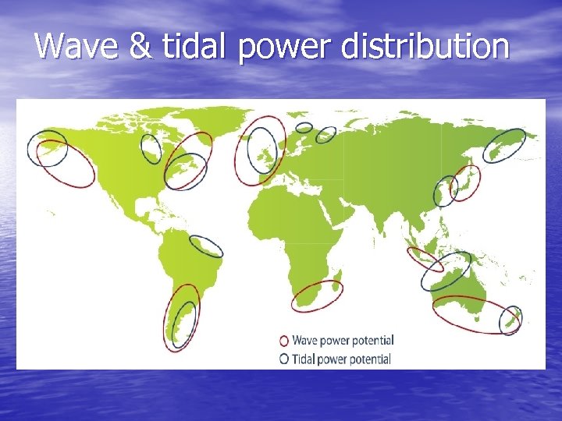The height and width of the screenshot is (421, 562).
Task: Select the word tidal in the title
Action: pyautogui.click(x=194, y=46)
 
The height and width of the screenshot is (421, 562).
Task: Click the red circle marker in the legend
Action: pyautogui.click(x=284, y=341)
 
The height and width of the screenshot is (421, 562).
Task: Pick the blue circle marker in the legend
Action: pyautogui.click(x=284, y=359)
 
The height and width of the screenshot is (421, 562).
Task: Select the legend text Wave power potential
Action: pyautogui.click(x=343, y=341)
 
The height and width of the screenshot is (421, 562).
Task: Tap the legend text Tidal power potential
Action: pyautogui.click(x=341, y=359)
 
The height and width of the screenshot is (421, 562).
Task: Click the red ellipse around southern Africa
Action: pyautogui.click(x=317, y=296)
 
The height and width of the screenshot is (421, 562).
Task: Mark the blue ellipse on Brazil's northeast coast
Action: pyautogui.click(x=207, y=246)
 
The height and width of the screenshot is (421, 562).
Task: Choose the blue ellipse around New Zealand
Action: pyautogui.click(x=510, y=320)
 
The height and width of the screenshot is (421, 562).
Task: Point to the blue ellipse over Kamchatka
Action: pyautogui.click(x=503, y=146)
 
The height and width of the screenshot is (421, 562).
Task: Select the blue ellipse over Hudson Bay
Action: pyautogui.click(x=151, y=148)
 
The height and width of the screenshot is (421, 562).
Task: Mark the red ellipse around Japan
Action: pyautogui.click(x=467, y=182)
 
